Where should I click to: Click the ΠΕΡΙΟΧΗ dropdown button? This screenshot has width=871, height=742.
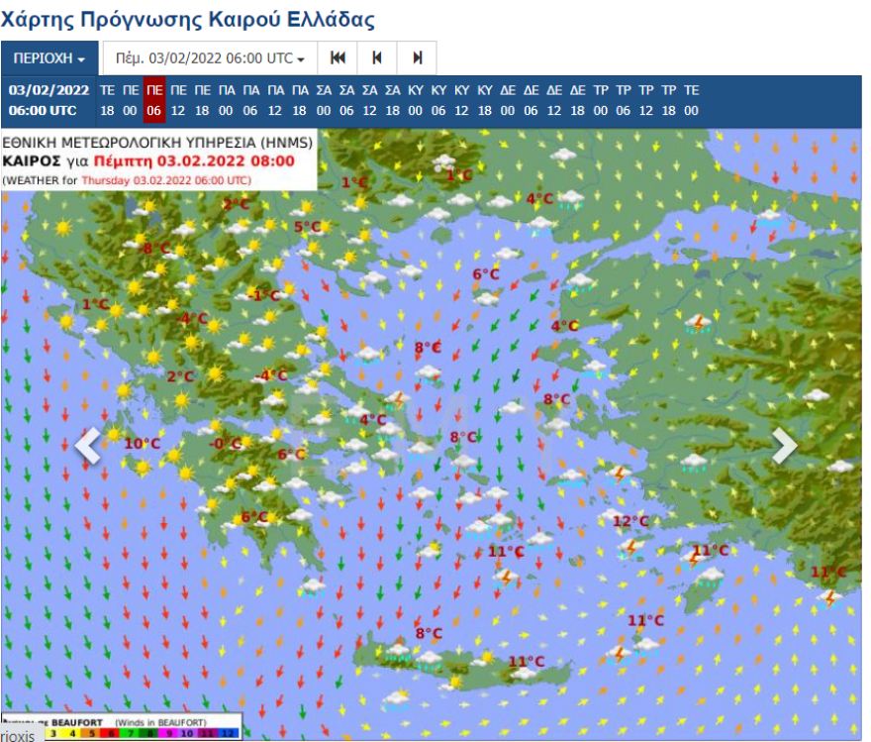point(49,58)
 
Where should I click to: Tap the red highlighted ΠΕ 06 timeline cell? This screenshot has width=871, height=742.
point(153,100)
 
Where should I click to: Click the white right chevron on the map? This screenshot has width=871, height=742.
point(784,446)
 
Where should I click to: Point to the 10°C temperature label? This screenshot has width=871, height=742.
point(142,443)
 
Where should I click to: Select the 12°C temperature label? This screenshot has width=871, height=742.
point(630,521)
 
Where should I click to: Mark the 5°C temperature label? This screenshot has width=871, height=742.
point(308,227)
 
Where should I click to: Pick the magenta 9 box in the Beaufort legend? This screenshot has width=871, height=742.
point(169,734)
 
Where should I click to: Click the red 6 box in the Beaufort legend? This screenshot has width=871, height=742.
point(111,734)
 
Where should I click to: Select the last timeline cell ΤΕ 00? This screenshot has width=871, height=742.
point(691,100)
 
